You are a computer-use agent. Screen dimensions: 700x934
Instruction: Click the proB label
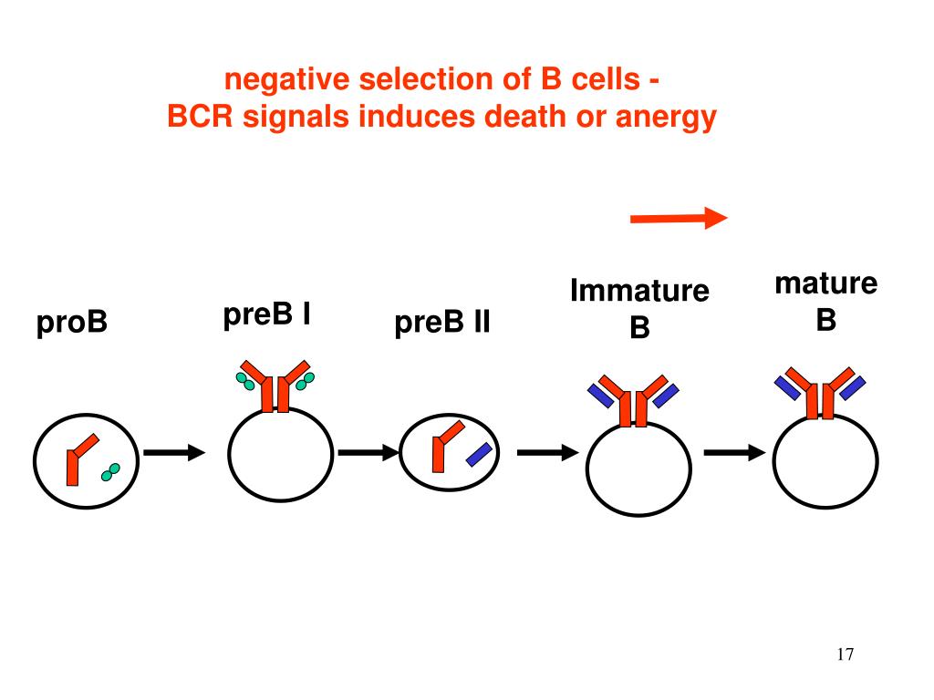72,323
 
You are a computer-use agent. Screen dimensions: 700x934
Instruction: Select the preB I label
267,315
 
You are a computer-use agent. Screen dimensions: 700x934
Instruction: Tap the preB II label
442,323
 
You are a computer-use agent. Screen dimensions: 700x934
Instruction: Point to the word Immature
639,292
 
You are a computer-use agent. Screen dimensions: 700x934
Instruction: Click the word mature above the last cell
825,283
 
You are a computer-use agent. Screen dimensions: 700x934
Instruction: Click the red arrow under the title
679,218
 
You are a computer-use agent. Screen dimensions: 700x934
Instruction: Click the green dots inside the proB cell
111,471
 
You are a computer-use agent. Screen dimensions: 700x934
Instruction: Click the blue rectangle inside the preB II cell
479,454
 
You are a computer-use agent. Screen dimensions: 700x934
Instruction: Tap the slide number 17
844,654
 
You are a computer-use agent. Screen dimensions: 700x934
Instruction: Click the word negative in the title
286,80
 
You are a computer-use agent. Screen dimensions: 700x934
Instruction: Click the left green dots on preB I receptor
244,381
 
